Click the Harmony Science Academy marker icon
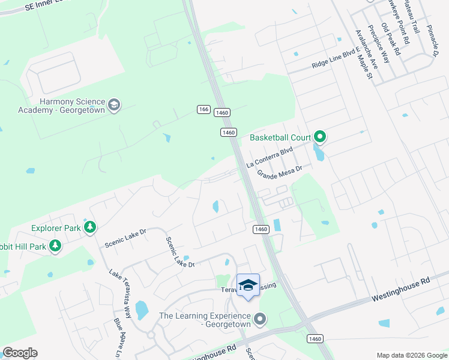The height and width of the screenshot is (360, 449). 113,106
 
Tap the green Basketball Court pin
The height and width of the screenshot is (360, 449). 320,137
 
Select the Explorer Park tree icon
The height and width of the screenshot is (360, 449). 90,227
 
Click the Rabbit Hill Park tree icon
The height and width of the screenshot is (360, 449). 55,245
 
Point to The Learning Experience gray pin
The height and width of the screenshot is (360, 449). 259,319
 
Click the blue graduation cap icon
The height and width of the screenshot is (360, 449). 248,284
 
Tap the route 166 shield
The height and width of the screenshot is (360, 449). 203,109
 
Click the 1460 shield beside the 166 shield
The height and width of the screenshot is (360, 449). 222,112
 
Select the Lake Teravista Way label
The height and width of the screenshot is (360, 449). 120,293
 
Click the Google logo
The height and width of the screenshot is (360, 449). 20,353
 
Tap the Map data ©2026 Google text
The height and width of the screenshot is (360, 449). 411,355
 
